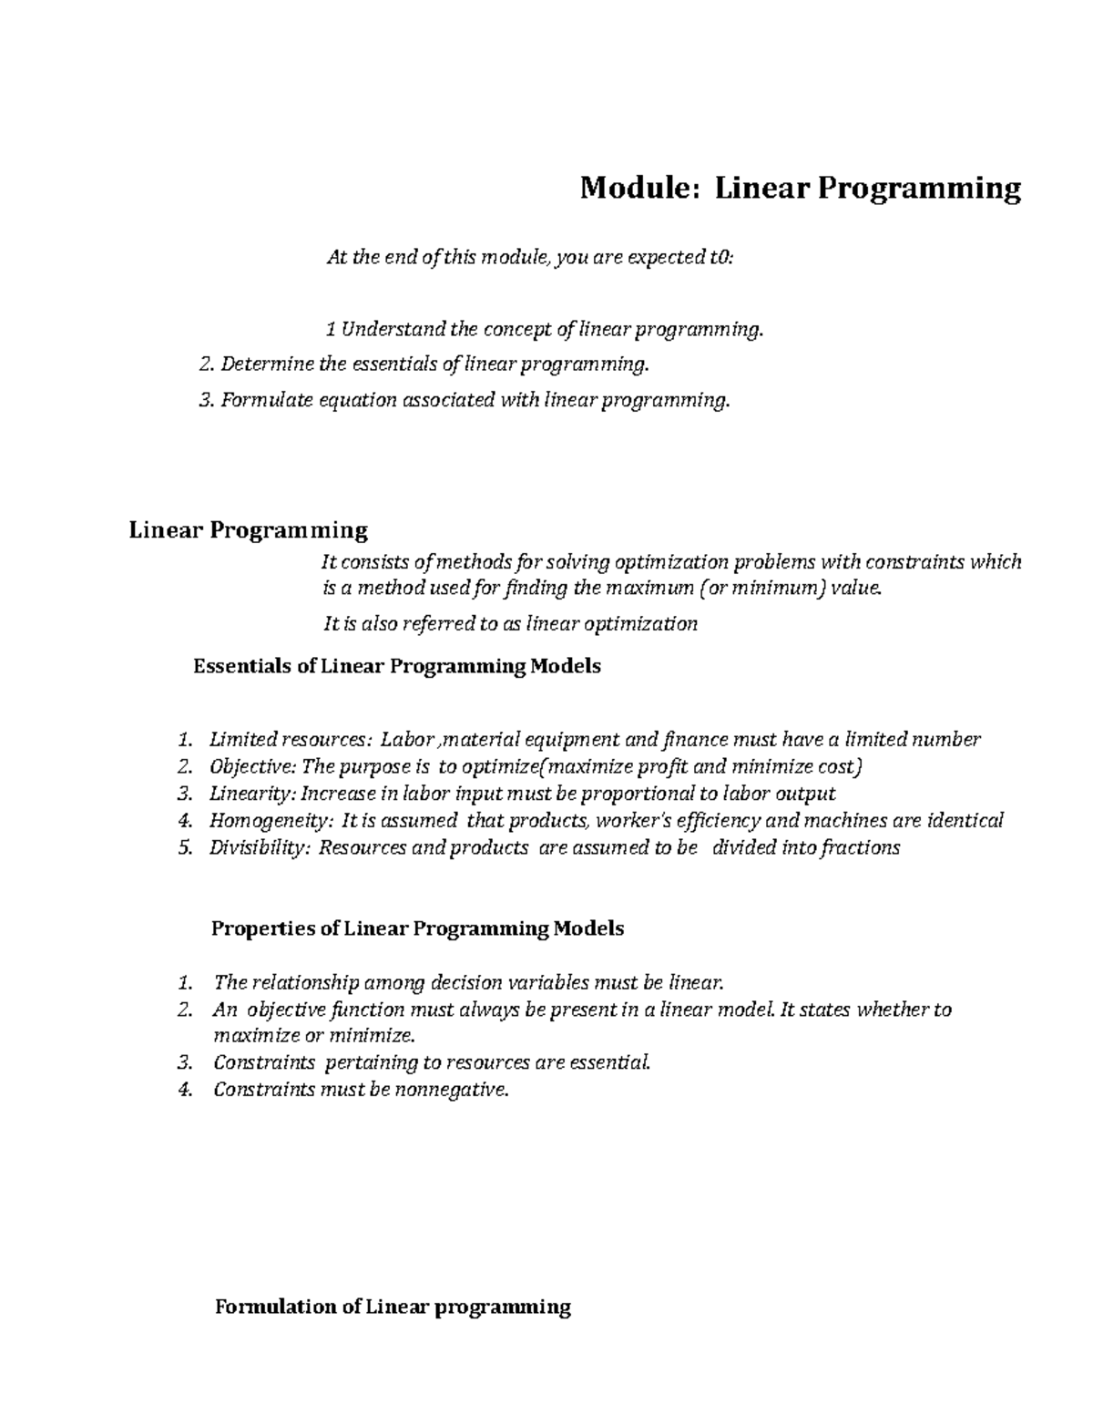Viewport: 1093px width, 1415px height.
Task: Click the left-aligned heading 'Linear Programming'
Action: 249,529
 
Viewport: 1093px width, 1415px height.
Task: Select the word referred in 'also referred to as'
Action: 425,623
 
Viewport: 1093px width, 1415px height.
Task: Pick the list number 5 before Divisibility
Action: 185,847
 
